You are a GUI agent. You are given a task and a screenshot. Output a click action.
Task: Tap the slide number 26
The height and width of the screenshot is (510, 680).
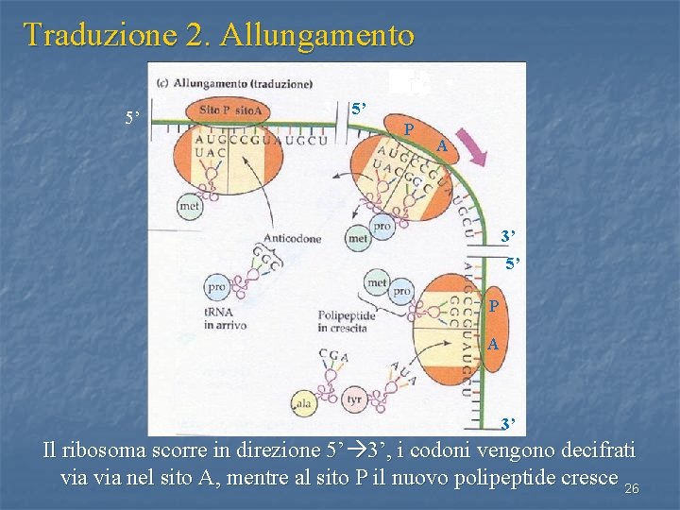coord(632,488)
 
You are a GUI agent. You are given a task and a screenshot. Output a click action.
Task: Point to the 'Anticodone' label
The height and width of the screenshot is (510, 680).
coord(294,238)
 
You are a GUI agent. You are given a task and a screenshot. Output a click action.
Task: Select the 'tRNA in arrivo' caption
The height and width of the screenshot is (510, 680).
coord(225,318)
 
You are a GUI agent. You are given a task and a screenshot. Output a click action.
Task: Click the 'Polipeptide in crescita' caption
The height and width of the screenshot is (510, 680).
coord(347,322)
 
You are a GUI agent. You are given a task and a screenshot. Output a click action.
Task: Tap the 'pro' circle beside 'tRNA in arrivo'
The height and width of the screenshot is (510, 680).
coord(216,285)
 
